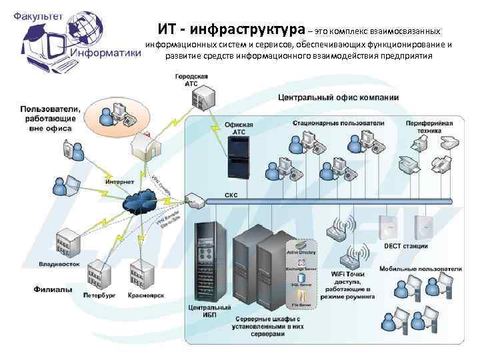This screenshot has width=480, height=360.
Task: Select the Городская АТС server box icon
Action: (x=202, y=98)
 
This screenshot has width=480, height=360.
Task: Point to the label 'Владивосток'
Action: (x=59, y=264)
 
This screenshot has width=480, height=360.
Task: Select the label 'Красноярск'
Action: (x=146, y=294)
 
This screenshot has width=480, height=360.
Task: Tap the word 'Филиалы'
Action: (x=53, y=289)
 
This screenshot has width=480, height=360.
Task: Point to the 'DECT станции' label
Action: (x=405, y=246)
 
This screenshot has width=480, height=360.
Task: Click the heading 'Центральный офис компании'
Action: (x=338, y=97)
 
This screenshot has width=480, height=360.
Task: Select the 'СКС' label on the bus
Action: (x=231, y=196)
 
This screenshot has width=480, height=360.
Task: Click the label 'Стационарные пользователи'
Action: (x=338, y=123)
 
